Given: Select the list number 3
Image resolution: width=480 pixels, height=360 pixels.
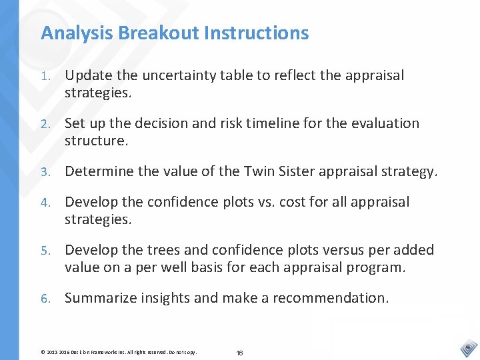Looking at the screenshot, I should click(44, 172).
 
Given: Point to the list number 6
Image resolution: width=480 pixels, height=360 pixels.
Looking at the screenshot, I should click(44, 299).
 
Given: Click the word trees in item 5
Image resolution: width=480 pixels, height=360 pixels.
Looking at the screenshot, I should click(186, 250).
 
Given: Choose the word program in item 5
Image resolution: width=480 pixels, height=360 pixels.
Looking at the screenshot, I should click(377, 267).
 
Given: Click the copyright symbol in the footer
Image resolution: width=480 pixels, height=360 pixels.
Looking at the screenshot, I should click(43, 351).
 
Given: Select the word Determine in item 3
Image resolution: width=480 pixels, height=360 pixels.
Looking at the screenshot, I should click(97, 171).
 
